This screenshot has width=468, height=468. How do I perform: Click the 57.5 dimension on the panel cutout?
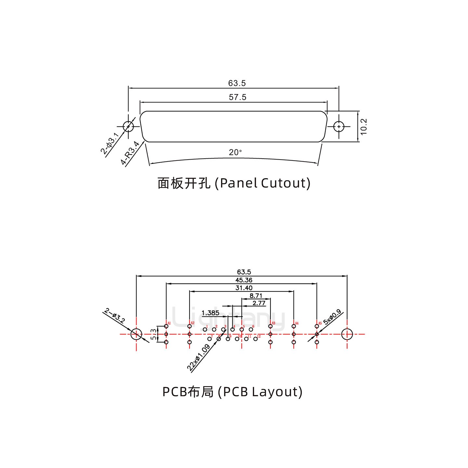click(x=238, y=97)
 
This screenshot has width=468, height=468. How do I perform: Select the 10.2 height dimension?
click(x=363, y=126)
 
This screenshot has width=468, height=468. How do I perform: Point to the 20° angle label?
click(x=235, y=152)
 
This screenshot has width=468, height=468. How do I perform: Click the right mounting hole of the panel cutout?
click(x=339, y=126)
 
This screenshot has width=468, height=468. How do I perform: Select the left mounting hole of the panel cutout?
click(x=128, y=126)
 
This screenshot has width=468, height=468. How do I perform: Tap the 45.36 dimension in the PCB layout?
click(x=244, y=280)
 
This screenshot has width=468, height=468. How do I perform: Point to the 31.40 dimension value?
click(x=244, y=288)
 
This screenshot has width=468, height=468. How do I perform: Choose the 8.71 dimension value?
click(x=256, y=296)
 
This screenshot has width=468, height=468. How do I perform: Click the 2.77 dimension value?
click(x=259, y=304)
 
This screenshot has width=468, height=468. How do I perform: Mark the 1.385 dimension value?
click(x=210, y=313)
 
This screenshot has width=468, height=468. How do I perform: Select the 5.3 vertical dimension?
click(x=153, y=334)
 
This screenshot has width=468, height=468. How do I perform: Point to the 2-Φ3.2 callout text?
click(x=114, y=316)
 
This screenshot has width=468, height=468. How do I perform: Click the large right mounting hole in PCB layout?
click(x=347, y=334)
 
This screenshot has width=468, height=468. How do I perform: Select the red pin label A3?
click(x=273, y=323)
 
